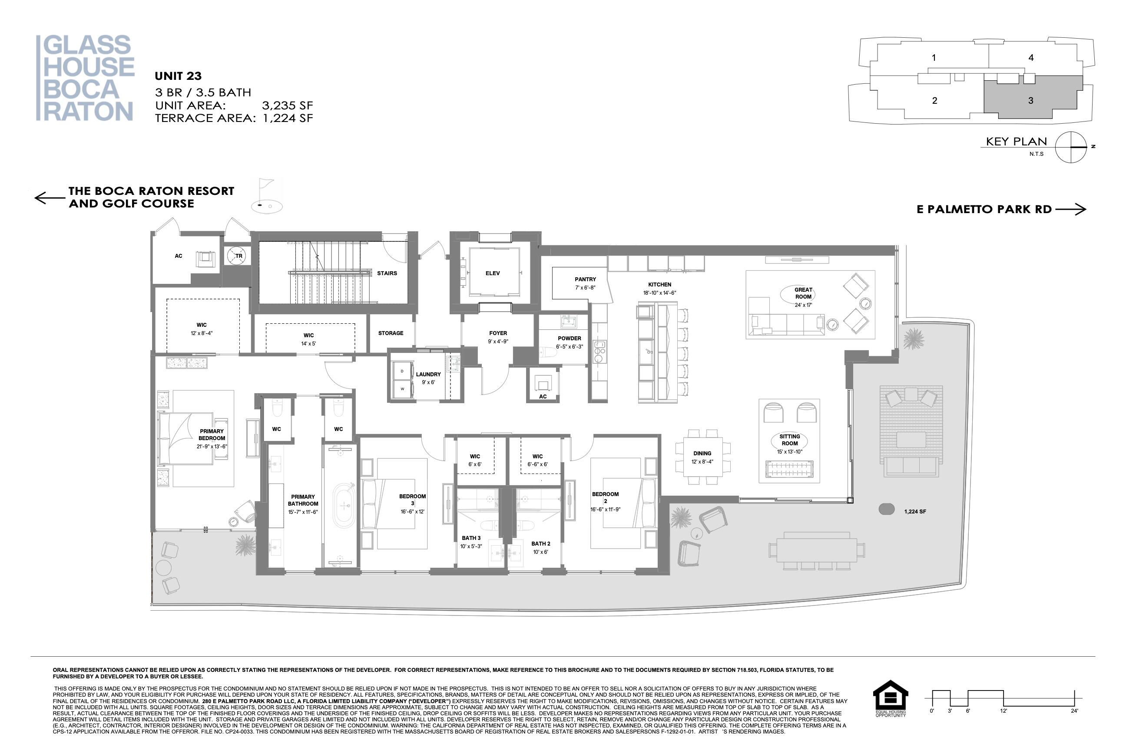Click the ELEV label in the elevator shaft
point(492,273)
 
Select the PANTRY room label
point(585,280)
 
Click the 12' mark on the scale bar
point(1003,711)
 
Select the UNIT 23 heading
point(178,76)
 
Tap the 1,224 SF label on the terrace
point(915,512)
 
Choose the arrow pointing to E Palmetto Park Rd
point(1070,209)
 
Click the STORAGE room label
point(391,333)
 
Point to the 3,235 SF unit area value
point(287,105)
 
